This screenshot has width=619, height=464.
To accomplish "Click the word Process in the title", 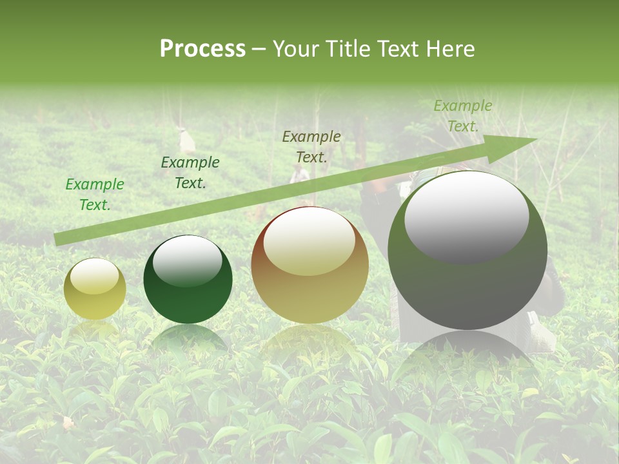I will [202, 49].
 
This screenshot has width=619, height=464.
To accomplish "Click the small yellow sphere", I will [95, 289].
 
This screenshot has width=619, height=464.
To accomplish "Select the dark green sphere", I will [188, 280].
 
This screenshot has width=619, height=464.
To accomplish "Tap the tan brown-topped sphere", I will [309, 266].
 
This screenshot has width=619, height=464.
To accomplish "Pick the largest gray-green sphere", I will [467, 250].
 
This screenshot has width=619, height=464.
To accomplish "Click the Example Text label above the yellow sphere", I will [95, 195].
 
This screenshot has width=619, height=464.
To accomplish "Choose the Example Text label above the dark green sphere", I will [190, 173].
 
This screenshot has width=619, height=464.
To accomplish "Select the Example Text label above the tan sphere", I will [311, 147].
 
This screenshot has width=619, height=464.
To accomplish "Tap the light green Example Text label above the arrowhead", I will [462, 116].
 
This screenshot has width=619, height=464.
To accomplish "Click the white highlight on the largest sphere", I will [466, 216].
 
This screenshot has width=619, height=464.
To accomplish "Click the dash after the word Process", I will [259, 49].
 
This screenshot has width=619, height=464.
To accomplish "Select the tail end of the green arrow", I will [58, 239].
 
